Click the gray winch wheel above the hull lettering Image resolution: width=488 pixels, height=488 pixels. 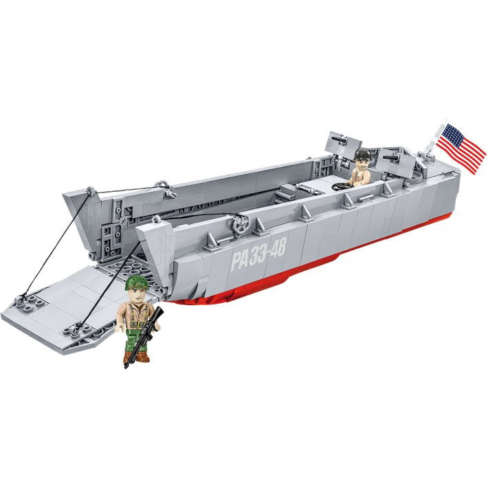click(x=240, y=225)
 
